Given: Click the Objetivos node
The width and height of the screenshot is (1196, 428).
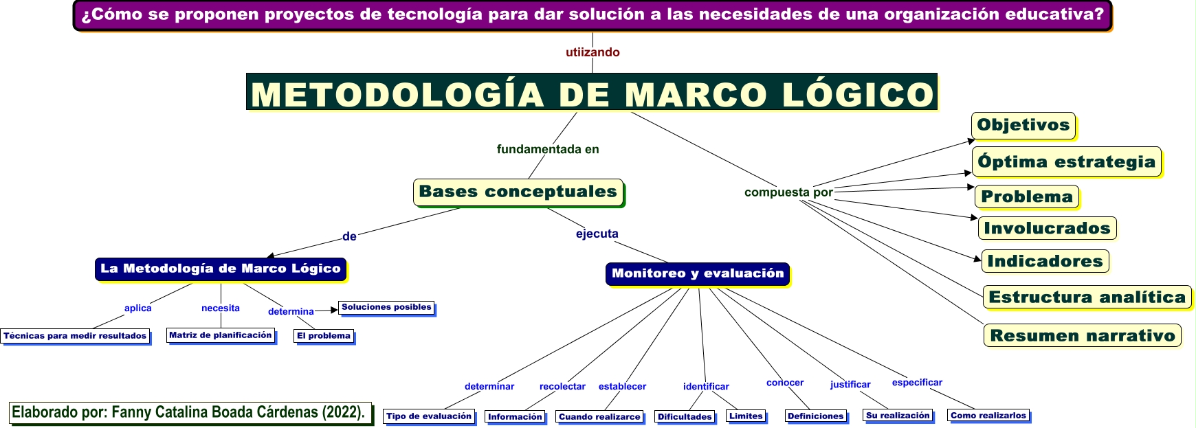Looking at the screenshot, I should (1023, 125).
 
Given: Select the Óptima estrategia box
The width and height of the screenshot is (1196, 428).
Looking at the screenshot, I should (1066, 162).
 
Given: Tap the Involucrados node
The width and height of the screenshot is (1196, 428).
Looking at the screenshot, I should (1047, 228).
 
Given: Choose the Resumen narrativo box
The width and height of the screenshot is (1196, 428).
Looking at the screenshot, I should (1083, 335).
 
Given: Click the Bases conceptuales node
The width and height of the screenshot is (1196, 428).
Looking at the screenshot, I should (518, 192).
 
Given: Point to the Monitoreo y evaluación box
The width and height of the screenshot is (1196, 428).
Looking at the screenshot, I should (697, 273).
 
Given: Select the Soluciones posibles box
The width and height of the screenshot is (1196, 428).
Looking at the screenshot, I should (386, 307).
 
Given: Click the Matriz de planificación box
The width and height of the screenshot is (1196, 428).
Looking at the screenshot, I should (221, 335).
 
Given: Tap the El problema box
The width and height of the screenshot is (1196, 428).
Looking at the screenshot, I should (324, 336).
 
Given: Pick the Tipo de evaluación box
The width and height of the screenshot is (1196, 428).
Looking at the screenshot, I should (429, 416).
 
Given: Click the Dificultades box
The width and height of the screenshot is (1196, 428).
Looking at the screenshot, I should (685, 416).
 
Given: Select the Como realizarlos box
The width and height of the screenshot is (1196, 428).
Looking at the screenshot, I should (988, 416).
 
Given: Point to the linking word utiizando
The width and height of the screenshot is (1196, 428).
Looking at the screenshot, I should (593, 52).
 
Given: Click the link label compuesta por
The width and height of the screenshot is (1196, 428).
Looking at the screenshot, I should (788, 192).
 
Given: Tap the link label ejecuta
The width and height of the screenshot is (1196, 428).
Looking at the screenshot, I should (597, 234).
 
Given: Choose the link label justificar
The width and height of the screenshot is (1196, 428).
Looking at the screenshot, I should (850, 385).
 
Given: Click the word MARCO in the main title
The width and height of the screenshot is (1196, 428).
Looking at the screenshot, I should (696, 94).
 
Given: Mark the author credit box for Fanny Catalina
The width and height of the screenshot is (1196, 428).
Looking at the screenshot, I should (189, 412).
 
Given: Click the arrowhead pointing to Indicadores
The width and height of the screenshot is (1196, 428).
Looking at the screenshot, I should (977, 259).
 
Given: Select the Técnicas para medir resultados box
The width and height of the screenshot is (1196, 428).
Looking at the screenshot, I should (75, 336).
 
